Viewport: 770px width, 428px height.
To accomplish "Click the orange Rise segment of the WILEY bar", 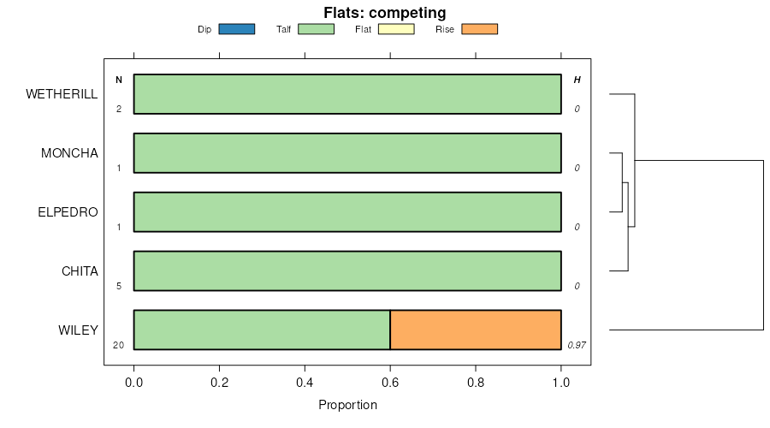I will (x=475, y=330).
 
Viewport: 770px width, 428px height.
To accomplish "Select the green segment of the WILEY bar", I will (x=262, y=330).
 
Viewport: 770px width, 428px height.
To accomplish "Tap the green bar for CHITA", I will (x=347, y=271).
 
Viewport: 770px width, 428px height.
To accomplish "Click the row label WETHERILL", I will (x=62, y=94).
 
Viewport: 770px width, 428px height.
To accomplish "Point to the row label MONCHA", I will (x=69, y=153).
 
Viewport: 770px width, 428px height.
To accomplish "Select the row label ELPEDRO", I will (x=68, y=212).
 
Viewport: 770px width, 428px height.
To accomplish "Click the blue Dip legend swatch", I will (x=237, y=29).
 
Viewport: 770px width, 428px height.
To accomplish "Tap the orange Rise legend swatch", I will (x=479, y=29).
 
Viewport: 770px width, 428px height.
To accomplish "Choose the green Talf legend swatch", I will (x=316, y=29).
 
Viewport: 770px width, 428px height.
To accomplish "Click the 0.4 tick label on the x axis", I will (x=305, y=384).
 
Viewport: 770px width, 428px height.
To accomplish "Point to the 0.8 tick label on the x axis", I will (x=476, y=384).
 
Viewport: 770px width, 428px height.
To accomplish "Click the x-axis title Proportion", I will (x=347, y=405).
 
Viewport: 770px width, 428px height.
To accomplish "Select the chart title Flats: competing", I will (x=384, y=13).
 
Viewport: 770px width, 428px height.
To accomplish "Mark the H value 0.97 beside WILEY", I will (x=576, y=345).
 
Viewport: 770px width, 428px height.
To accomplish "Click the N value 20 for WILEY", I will (x=119, y=345).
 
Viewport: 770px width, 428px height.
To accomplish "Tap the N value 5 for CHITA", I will (x=119, y=286).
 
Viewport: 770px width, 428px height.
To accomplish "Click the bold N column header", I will (x=119, y=80).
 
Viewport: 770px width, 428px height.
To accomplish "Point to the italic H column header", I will (x=577, y=80).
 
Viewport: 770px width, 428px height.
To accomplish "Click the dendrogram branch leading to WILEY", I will (x=684, y=330).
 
